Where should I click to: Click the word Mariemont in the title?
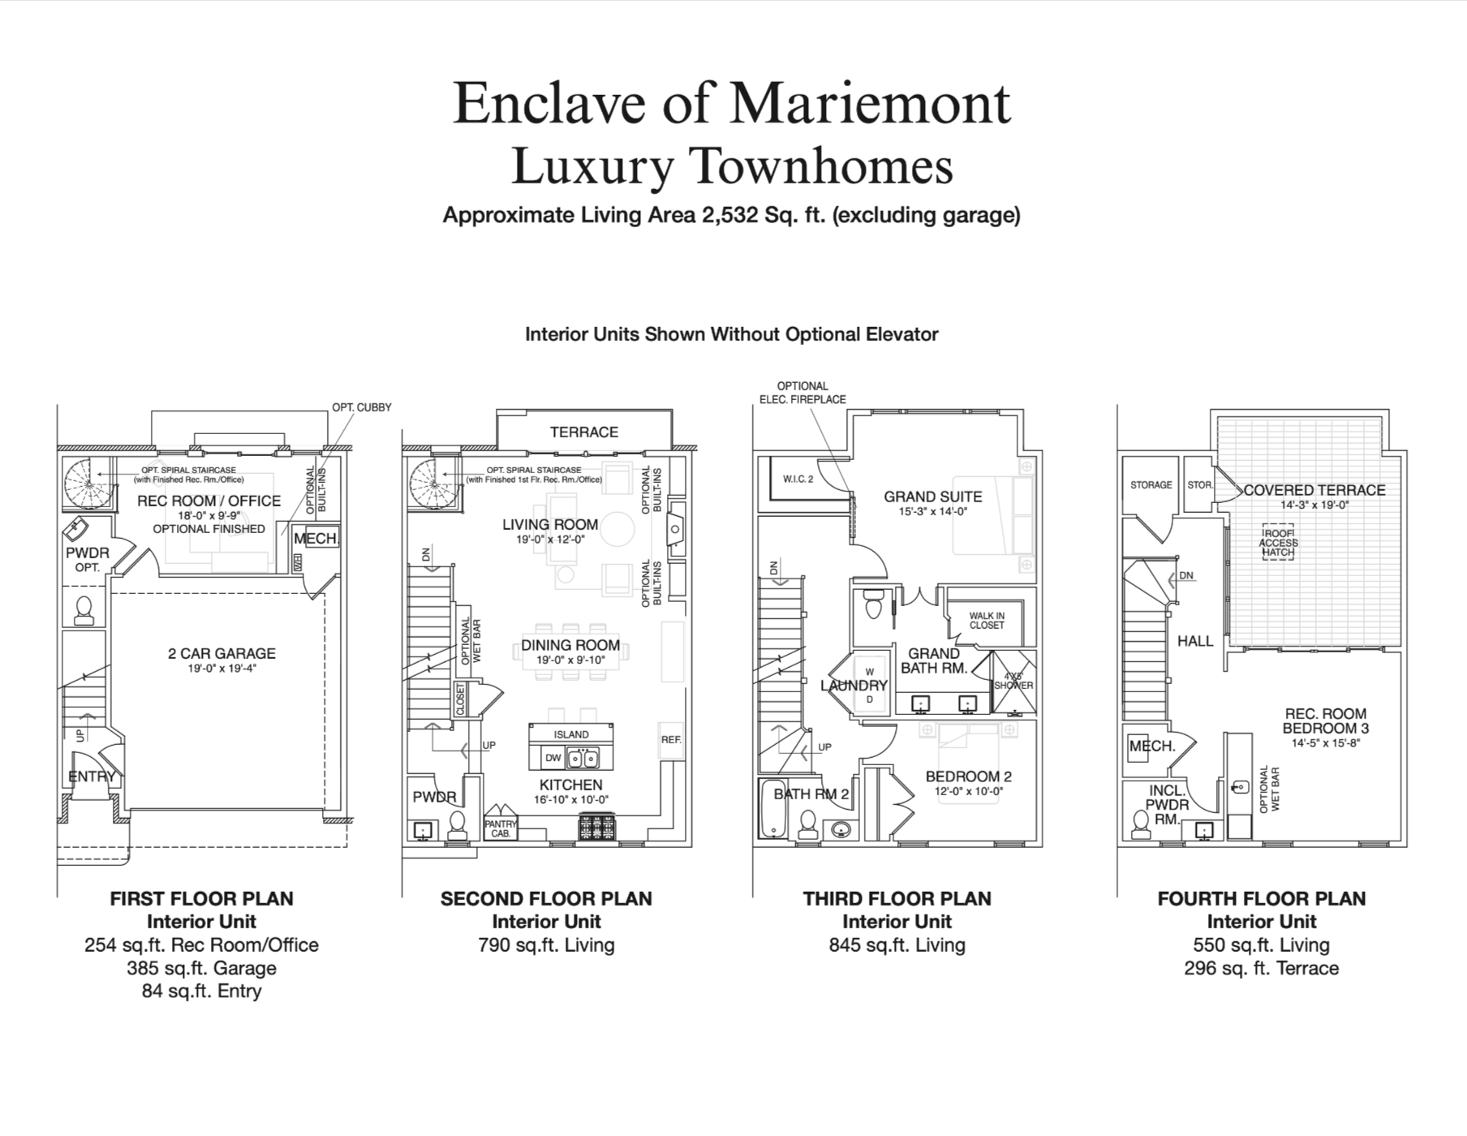click(871, 103)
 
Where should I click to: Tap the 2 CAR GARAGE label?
click(222, 653)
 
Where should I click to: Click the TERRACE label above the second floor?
click(584, 432)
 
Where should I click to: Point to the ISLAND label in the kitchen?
click(571, 734)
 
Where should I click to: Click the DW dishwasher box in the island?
click(553, 759)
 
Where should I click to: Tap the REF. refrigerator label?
click(671, 739)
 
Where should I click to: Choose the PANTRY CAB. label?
click(501, 828)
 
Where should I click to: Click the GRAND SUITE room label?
click(933, 497)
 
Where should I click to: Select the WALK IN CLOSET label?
click(987, 621)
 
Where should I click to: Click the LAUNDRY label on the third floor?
click(854, 686)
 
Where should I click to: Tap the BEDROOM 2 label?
click(969, 777)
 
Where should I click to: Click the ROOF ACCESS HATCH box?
click(1279, 542)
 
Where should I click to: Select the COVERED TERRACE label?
click(1314, 490)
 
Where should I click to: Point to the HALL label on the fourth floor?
click(1195, 641)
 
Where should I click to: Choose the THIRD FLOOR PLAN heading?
click(897, 899)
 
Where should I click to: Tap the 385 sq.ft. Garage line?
click(201, 968)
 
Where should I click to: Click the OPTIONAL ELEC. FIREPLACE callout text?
click(802, 393)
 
